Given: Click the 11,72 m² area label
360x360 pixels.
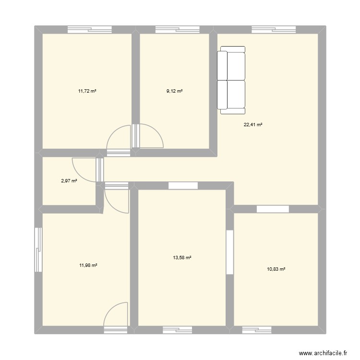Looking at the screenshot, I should click(x=87, y=91).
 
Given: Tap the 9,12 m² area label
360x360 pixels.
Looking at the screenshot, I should click(x=175, y=91).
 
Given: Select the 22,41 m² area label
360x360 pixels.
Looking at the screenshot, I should click(x=253, y=125).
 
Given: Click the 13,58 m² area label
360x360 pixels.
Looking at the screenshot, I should click(x=182, y=258).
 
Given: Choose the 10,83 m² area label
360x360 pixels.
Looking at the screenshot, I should click(x=276, y=269).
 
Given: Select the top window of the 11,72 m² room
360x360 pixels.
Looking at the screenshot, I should click(x=90, y=29).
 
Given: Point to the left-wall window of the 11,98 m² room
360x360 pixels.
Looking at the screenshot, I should click(x=38, y=250).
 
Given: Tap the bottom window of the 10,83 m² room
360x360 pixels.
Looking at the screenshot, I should click(x=256, y=330).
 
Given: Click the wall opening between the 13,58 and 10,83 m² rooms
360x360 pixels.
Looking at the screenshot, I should click(x=229, y=252).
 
